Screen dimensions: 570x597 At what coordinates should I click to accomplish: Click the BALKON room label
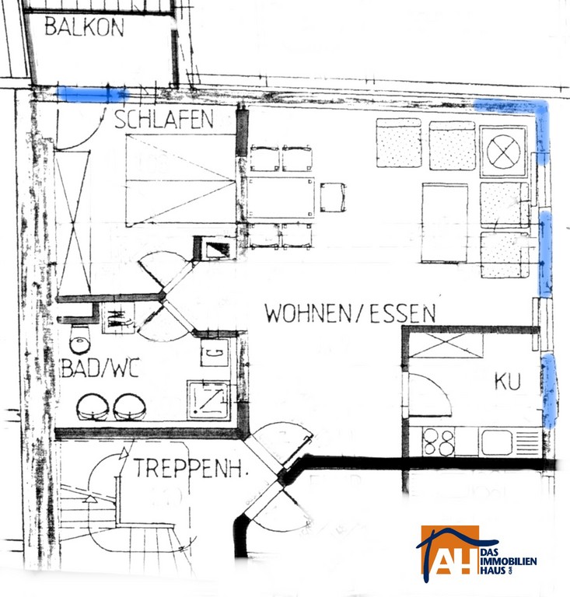[x=85, y=27]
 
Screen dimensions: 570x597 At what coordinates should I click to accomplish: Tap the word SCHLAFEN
[x=164, y=119]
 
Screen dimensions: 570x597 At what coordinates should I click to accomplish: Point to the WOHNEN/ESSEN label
[x=350, y=313]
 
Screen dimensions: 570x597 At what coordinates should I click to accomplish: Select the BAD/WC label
[x=100, y=368]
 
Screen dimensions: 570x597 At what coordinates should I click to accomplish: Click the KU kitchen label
[x=507, y=381]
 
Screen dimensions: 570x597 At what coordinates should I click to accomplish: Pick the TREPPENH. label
[x=191, y=468]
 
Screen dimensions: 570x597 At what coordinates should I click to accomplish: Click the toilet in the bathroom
[x=80, y=338]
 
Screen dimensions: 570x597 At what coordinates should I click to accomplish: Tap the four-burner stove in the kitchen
[x=439, y=442]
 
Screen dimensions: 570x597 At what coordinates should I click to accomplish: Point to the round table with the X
[x=503, y=152]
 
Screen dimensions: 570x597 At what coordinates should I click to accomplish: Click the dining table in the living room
[x=281, y=197]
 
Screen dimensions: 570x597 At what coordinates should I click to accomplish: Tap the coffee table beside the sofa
[x=445, y=223]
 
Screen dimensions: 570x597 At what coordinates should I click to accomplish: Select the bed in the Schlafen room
[x=181, y=180]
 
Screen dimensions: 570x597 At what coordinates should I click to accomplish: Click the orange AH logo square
[x=449, y=550]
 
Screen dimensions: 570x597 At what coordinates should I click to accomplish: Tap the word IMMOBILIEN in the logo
[x=509, y=561]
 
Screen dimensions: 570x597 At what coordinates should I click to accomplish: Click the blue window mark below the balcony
[x=93, y=94]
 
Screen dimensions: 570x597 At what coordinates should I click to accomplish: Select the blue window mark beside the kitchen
[x=549, y=391]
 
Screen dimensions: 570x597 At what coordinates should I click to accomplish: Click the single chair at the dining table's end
[x=333, y=197]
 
